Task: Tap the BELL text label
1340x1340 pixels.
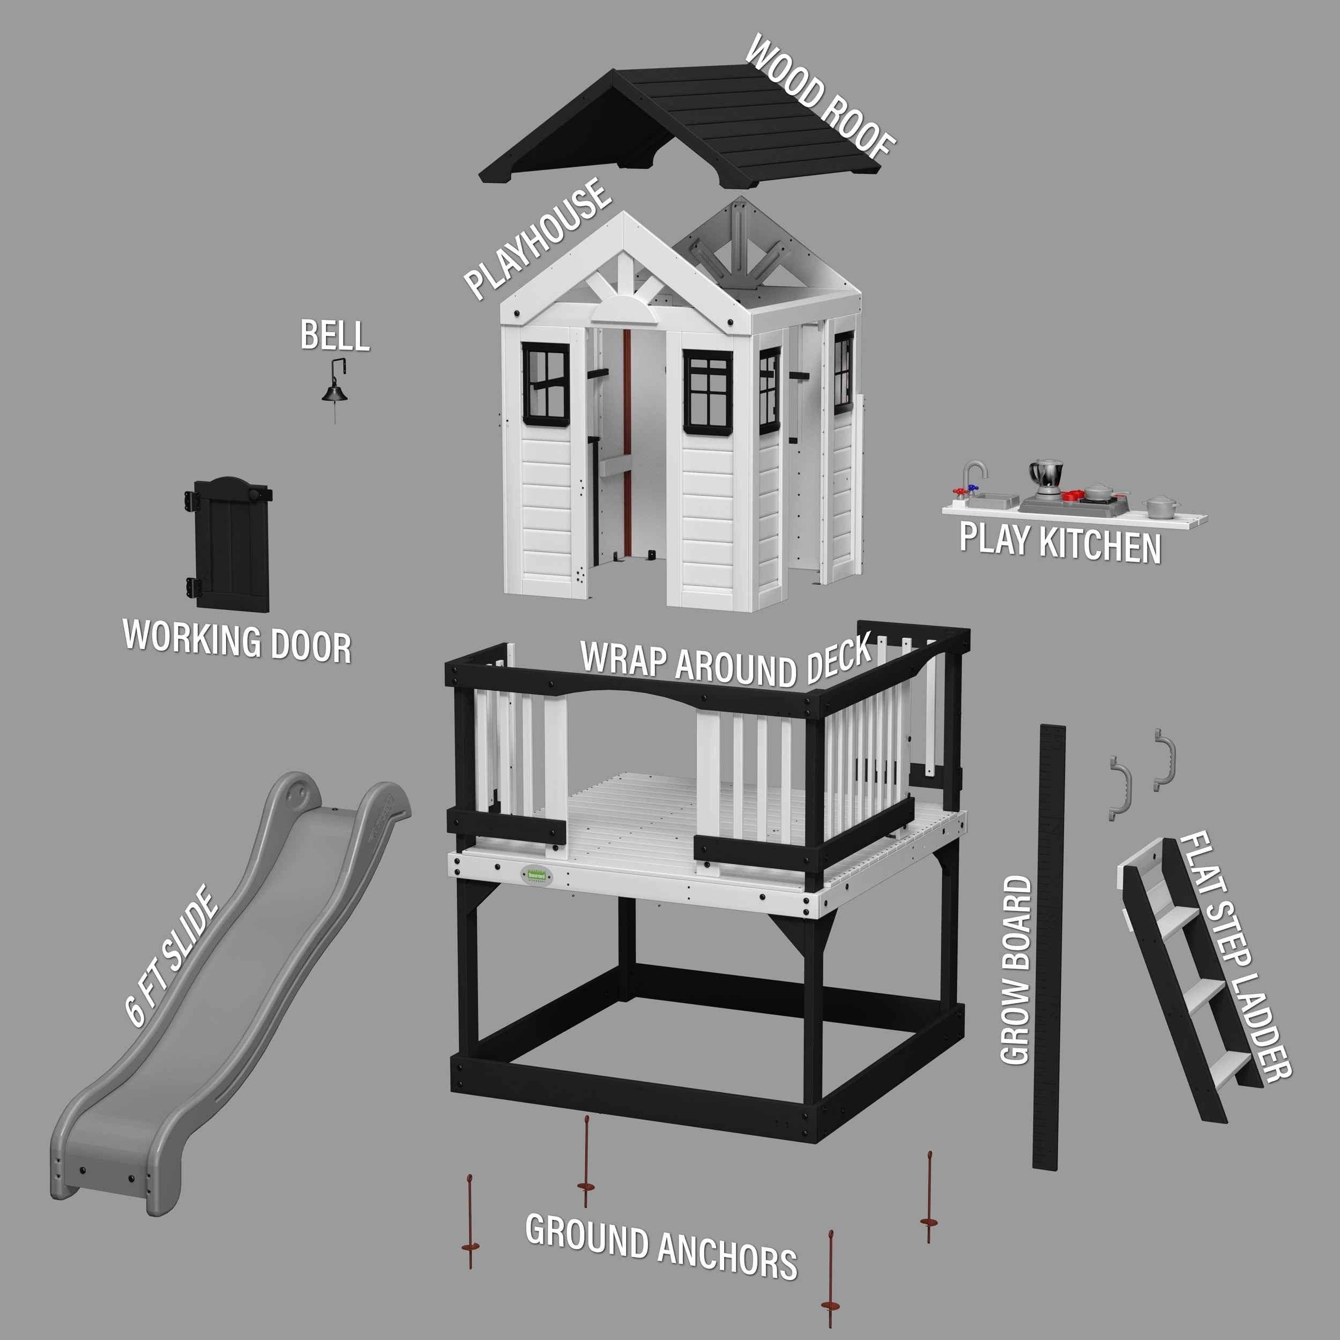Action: [x=334, y=336]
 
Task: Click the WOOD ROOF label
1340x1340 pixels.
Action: [x=819, y=96]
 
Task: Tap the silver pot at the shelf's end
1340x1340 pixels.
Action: [x=1160, y=507]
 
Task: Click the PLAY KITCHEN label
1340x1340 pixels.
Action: [x=1060, y=543]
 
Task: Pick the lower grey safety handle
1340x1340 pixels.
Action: [x=1120, y=788]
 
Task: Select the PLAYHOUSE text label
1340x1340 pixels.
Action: [x=538, y=239]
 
